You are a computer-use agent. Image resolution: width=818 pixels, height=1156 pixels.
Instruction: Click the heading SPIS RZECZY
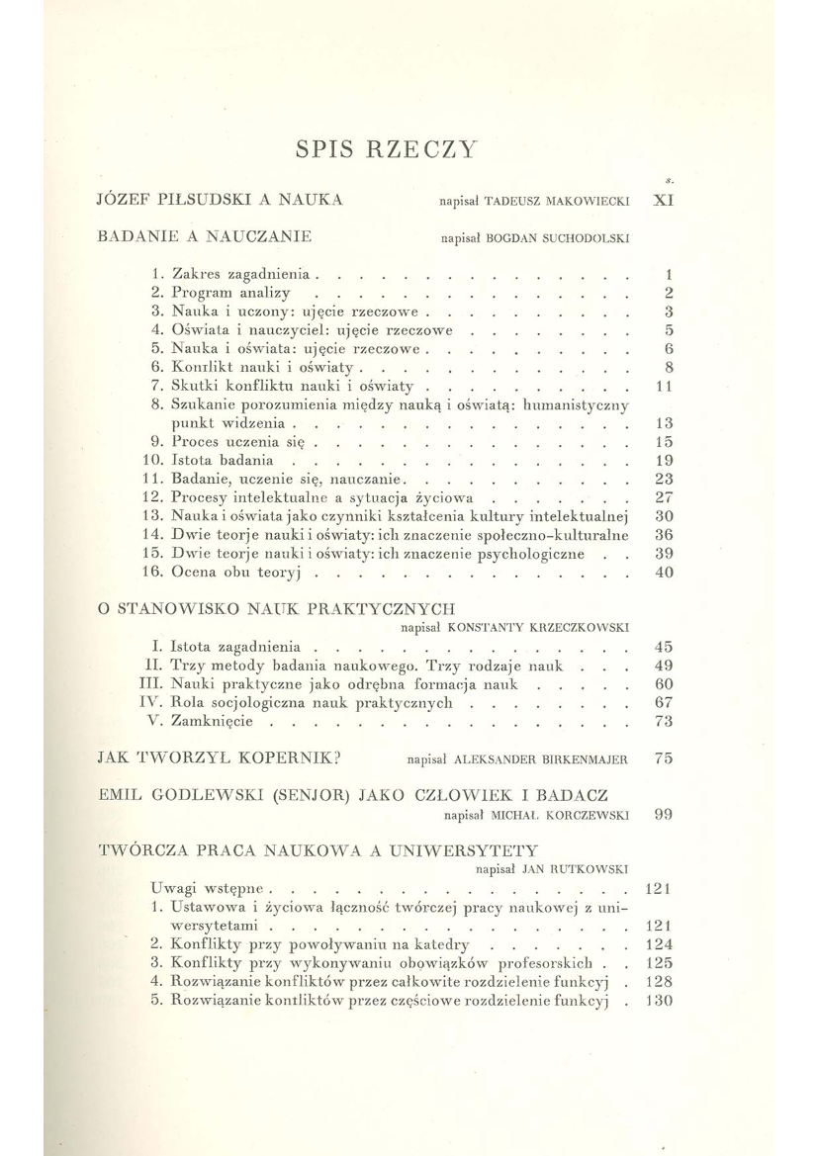pyautogui.click(x=387, y=150)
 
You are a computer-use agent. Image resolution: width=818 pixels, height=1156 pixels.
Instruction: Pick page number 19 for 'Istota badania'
pyautogui.click(x=665, y=460)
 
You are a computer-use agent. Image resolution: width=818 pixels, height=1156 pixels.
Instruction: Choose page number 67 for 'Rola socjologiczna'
pyautogui.click(x=665, y=703)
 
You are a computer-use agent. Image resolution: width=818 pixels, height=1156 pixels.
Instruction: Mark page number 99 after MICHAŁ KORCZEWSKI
pyautogui.click(x=665, y=816)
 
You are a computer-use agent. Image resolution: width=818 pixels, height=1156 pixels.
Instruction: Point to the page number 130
pyautogui.click(x=659, y=1000)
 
